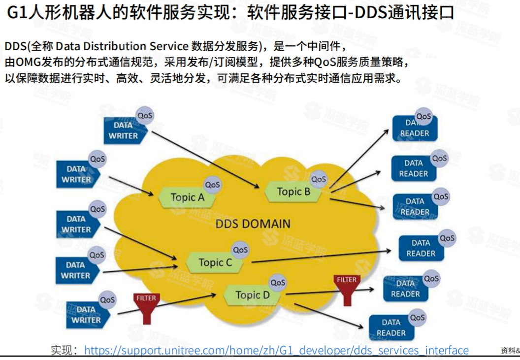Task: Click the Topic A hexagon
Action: point(187,197)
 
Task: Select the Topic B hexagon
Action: point(293,192)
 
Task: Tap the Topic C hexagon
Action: point(215,262)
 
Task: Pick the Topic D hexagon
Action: point(252,295)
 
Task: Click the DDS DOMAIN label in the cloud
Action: point(253,224)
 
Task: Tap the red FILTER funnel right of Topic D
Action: point(347,290)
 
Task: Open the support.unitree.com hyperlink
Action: point(276,350)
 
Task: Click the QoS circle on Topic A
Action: point(213,185)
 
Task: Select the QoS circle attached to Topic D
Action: point(278,283)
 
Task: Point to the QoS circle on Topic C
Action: point(240,250)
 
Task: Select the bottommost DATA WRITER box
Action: point(86,315)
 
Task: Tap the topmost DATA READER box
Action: point(414,128)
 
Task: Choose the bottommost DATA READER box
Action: point(391,327)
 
